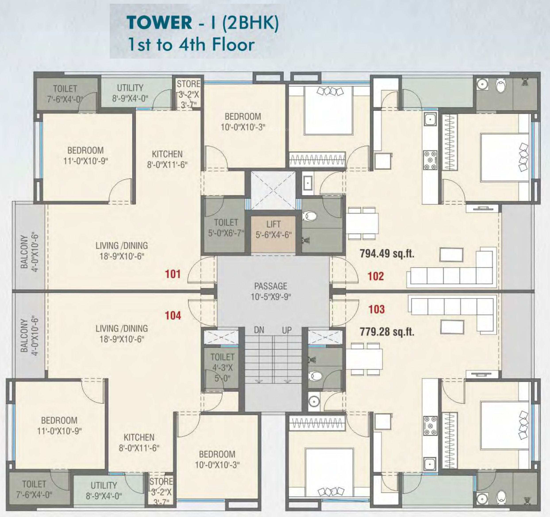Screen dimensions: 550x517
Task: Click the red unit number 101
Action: [x=173, y=274]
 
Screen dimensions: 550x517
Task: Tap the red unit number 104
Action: [x=173, y=316]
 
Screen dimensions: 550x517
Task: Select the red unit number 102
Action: [x=376, y=276]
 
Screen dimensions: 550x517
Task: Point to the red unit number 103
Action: [x=377, y=309]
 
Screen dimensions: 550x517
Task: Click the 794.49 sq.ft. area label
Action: [x=387, y=253]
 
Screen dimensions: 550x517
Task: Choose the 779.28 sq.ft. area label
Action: [x=387, y=331]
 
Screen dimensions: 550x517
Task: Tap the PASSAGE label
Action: [x=271, y=286]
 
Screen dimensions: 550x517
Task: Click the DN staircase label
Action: [x=259, y=330]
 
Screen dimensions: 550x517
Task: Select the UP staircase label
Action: [x=287, y=330]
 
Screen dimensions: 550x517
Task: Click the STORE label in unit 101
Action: [x=188, y=84]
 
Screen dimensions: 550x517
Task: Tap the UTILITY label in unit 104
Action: [x=104, y=485]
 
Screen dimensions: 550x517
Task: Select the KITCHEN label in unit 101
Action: [x=167, y=154]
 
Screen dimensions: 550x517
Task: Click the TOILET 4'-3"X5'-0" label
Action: [x=222, y=367]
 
